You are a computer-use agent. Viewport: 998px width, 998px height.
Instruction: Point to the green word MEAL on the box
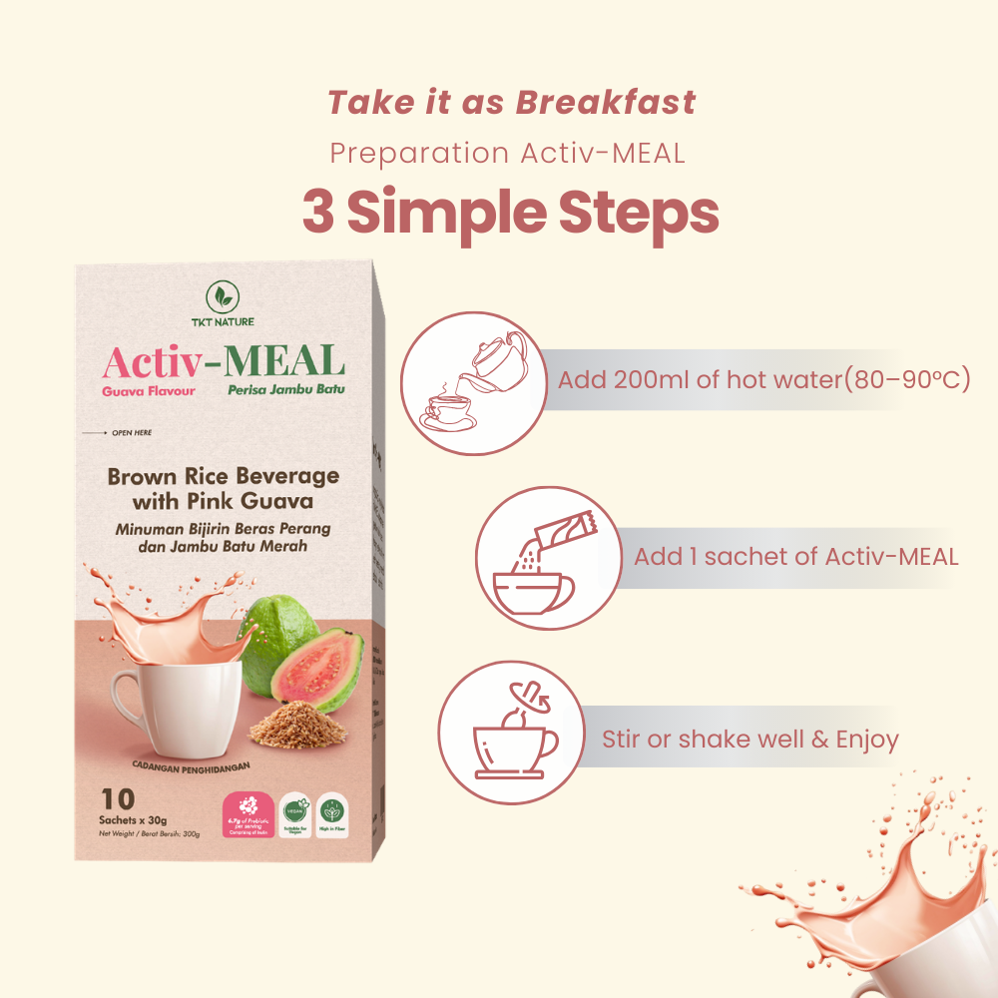coord(286,360)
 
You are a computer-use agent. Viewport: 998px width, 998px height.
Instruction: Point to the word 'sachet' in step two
coord(745,556)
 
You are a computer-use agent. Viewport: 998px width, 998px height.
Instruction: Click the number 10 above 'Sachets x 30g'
coord(119,798)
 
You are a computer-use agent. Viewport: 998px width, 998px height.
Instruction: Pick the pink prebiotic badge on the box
coord(247,814)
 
